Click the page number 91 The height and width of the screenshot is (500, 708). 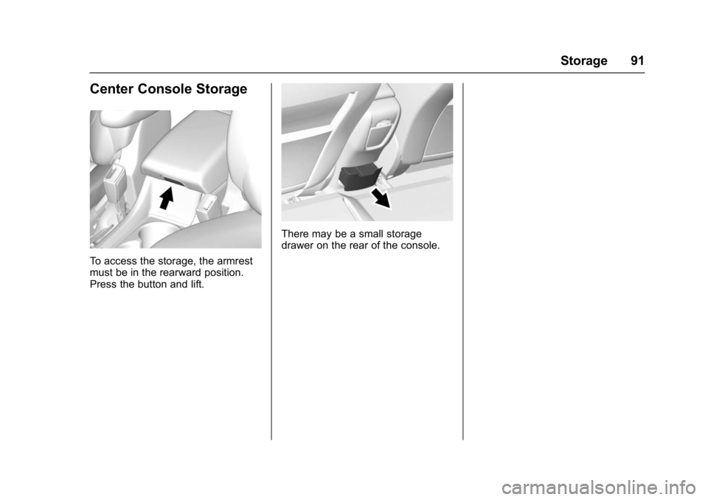click(x=637, y=60)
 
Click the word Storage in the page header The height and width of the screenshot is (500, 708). click(x=584, y=60)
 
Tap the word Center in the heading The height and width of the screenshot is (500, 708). click(x=112, y=88)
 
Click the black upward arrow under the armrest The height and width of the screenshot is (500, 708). click(x=167, y=198)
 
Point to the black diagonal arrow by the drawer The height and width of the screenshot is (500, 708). click(x=381, y=198)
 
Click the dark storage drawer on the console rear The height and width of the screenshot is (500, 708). click(x=358, y=178)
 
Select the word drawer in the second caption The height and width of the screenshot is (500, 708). click(x=297, y=246)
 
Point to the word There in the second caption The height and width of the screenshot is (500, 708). click(x=295, y=234)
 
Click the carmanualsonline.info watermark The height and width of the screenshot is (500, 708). click(x=599, y=487)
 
